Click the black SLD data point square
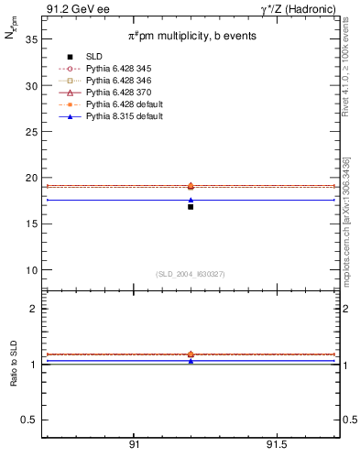pyautogui.click(x=191, y=207)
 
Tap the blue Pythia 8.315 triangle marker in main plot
pyautogui.click(x=191, y=200)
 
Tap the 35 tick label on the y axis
pyautogui.click(x=30, y=39)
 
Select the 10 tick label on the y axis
pyautogui.click(x=30, y=270)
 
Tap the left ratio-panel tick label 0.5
pyautogui.click(x=28, y=420)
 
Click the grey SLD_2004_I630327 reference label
pyautogui.click(x=190, y=274)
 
